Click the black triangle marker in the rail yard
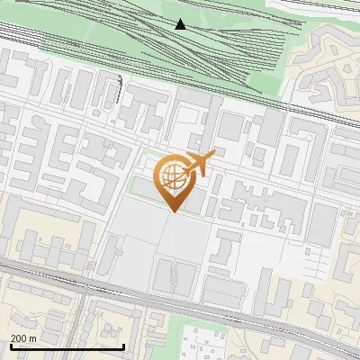point(181,23)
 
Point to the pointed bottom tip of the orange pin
point(174,212)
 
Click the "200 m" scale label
point(23,337)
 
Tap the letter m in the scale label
point(32,337)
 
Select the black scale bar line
point(67,347)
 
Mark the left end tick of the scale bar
point(11,346)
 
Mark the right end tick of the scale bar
point(123,346)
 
